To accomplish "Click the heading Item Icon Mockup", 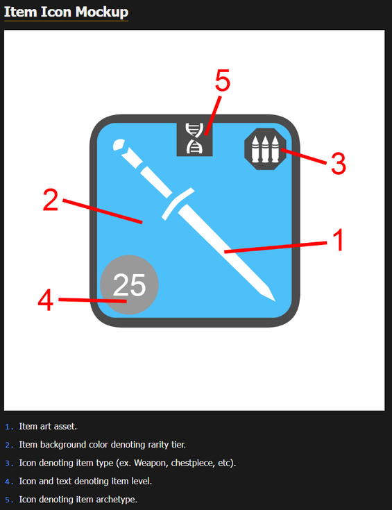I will point(66,12).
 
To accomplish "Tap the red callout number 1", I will point(336,241).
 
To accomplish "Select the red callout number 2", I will point(50,200).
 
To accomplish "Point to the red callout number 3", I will point(337,164).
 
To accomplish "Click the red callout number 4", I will point(45,300).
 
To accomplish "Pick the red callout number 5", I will point(222,81).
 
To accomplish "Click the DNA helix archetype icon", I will point(195,138).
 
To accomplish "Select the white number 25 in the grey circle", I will point(130,284).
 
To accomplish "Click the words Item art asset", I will point(48,426).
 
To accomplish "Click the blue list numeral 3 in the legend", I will point(8,463).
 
